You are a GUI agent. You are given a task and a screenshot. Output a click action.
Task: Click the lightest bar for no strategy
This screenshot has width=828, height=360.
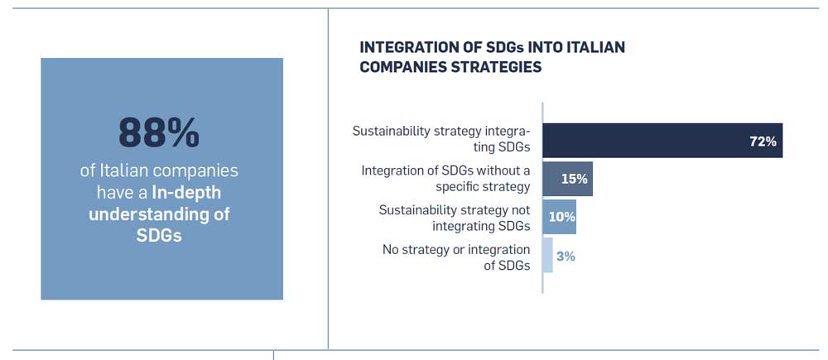pos(548,256)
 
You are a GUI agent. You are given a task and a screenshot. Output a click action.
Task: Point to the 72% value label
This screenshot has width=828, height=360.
pos(763,142)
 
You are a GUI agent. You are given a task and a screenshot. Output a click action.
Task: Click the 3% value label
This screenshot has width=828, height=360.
pos(566,257)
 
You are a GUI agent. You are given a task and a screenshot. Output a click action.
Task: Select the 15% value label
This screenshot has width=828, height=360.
pos(574,179)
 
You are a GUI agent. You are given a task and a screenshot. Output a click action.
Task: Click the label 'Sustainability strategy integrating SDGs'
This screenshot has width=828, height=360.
pos(447,140)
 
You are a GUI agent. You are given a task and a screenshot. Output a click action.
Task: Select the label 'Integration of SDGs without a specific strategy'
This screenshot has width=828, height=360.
pos(445,179)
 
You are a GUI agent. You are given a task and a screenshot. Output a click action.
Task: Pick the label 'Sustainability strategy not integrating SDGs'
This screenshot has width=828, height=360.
pos(454,218)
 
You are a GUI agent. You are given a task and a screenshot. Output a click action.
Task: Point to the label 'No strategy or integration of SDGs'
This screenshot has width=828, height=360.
pos(455,257)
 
